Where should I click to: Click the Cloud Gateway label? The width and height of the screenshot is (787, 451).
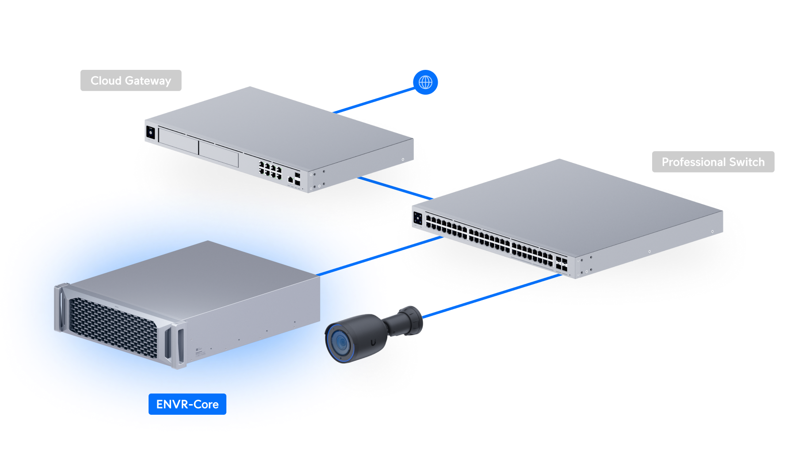(131, 80)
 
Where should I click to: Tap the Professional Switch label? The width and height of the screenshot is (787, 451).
(713, 162)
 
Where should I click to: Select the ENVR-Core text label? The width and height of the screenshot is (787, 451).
(187, 404)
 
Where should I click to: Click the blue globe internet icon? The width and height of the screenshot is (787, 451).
(425, 82)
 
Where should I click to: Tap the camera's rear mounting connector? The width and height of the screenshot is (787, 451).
(409, 321)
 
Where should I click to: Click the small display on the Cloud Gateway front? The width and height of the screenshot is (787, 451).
(150, 132)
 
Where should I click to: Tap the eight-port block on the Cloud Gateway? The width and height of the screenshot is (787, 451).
(270, 170)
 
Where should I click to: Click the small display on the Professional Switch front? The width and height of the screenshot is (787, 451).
(418, 218)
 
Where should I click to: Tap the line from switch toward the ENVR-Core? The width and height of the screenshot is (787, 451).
(409, 246)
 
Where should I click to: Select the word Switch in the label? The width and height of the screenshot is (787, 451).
(747, 162)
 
